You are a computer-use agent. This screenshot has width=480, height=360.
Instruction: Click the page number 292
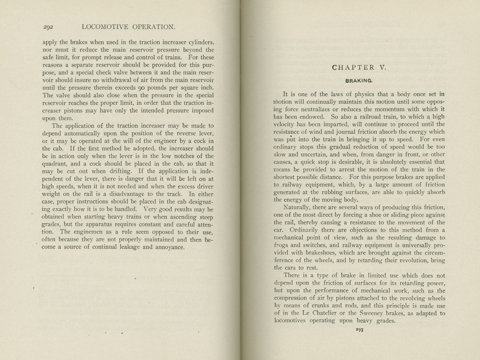(x=48, y=27)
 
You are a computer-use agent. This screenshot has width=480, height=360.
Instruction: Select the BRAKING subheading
(x=359, y=81)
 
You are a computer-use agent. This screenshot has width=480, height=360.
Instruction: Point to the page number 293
(x=360, y=330)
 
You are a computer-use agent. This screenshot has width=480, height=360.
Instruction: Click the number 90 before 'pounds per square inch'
(x=142, y=88)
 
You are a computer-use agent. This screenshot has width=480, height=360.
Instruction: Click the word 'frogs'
(x=281, y=245)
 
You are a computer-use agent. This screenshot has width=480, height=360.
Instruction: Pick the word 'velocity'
(x=283, y=124)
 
